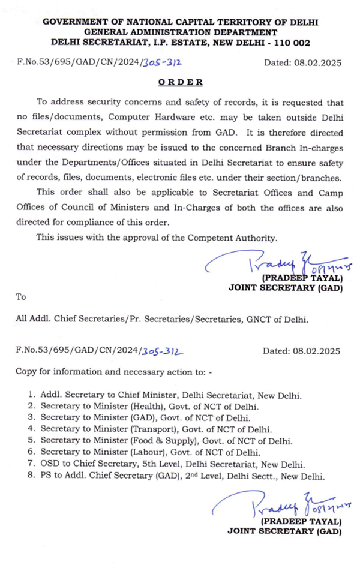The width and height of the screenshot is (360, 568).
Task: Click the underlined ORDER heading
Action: (179, 82)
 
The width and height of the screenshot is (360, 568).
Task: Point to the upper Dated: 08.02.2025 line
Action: (302, 62)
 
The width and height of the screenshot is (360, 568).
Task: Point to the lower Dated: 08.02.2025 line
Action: (302, 351)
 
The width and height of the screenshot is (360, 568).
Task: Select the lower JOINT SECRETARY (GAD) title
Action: (284, 531)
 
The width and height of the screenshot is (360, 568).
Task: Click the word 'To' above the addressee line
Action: (21, 297)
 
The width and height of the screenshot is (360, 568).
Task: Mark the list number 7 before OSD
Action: (31, 464)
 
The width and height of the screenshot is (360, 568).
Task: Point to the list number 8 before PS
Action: (31, 476)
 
